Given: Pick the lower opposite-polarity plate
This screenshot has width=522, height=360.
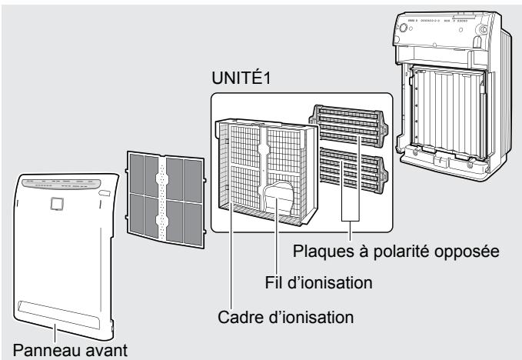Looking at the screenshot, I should pyautogui.click(x=351, y=175).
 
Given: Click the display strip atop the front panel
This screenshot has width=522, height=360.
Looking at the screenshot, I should pyautogui.click(x=65, y=185).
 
